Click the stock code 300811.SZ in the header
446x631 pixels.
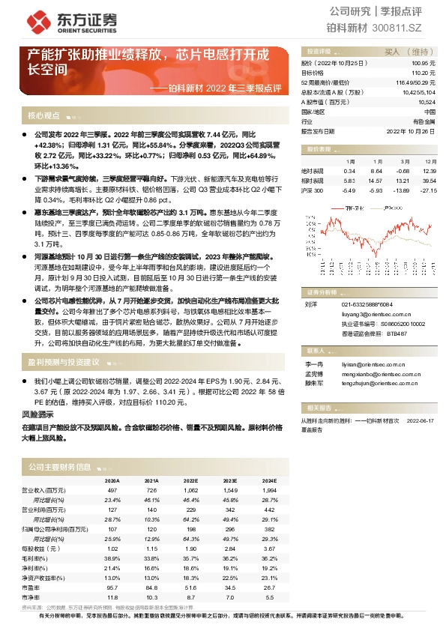pyautogui.click(x=407, y=28)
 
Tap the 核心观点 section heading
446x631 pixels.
pyautogui.click(x=43, y=116)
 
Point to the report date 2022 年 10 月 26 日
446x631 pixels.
pyautogui.click(x=411, y=130)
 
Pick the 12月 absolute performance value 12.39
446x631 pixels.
pyautogui.click(x=429, y=171)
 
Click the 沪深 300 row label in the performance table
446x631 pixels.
pyautogui.click(x=313, y=190)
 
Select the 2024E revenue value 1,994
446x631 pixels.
pyautogui.click(x=268, y=489)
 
